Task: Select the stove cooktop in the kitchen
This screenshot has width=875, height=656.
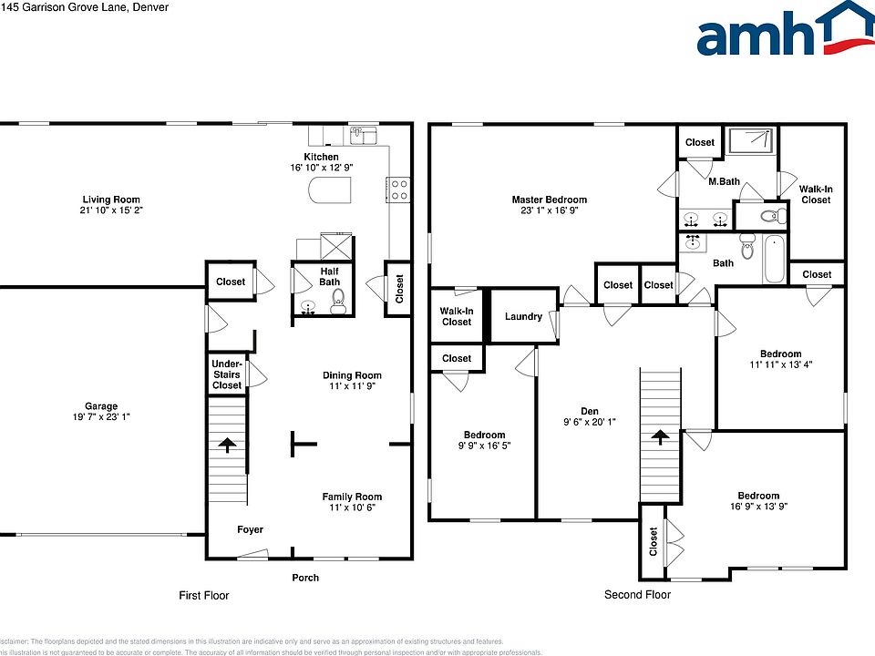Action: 399,189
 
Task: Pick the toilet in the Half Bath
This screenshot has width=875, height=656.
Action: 337,308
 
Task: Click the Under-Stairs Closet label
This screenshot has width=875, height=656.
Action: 227,374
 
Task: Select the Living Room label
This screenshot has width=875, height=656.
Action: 111,200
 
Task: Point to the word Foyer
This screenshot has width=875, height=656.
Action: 251,529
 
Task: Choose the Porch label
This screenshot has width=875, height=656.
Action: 305,578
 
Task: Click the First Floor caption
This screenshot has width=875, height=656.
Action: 203,596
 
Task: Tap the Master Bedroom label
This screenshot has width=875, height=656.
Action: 549,200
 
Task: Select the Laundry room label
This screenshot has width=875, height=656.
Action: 523,316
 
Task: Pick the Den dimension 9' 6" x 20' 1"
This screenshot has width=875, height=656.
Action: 590,422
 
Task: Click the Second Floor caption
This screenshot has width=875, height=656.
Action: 637,595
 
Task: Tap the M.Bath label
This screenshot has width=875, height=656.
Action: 724,181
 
